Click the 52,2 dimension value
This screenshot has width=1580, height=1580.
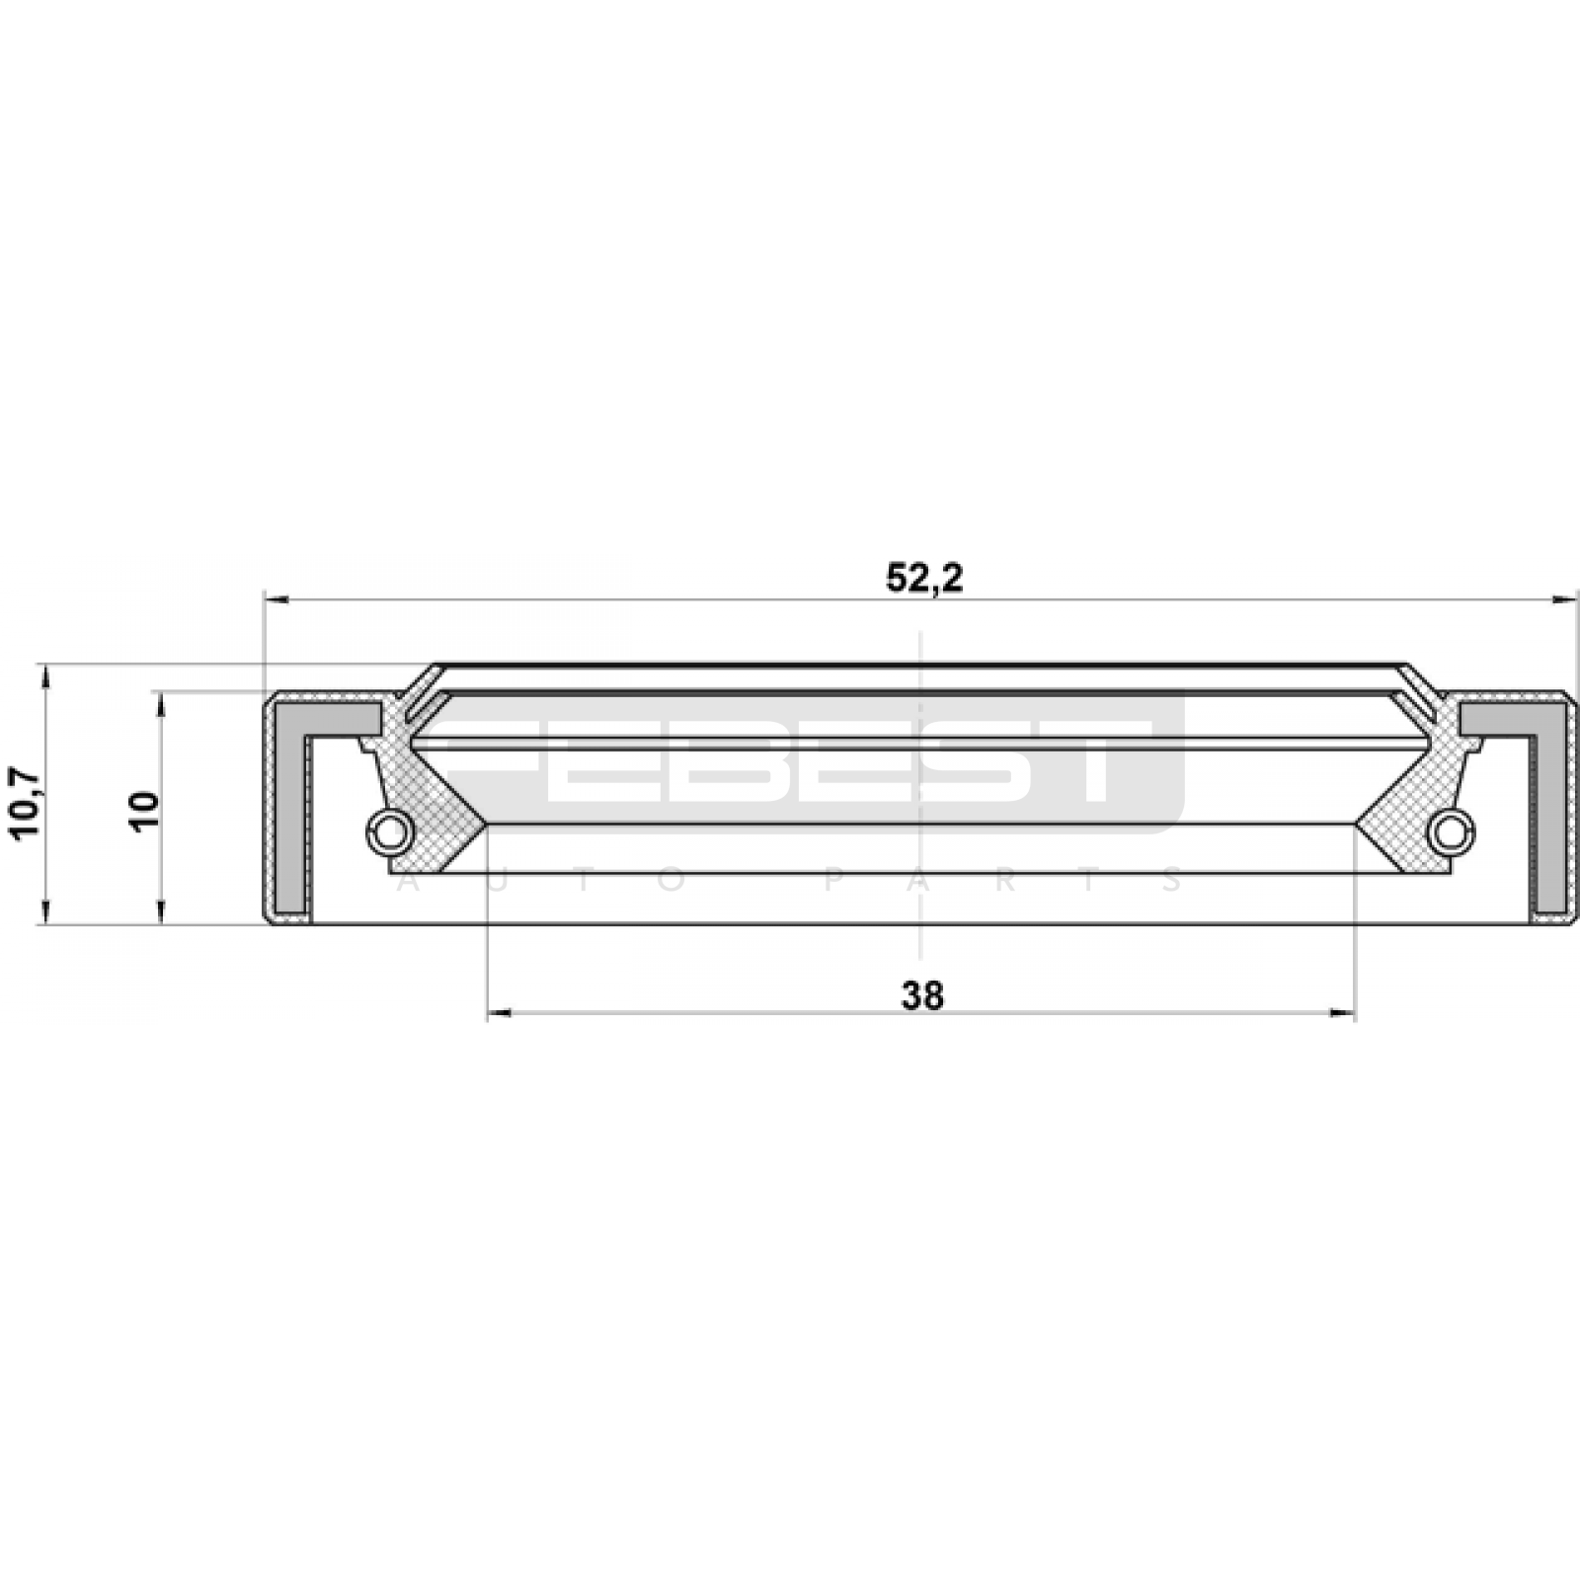pos(923,579)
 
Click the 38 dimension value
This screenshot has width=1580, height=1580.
pos(922,995)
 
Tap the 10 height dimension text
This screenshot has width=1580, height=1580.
pos(144,811)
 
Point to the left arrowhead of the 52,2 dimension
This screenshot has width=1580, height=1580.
pos(276,598)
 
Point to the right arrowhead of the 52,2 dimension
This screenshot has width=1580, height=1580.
pos(1566,598)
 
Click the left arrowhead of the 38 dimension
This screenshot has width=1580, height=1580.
pos(500,1013)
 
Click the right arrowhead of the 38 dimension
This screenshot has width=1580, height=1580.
pos(1343,1013)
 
